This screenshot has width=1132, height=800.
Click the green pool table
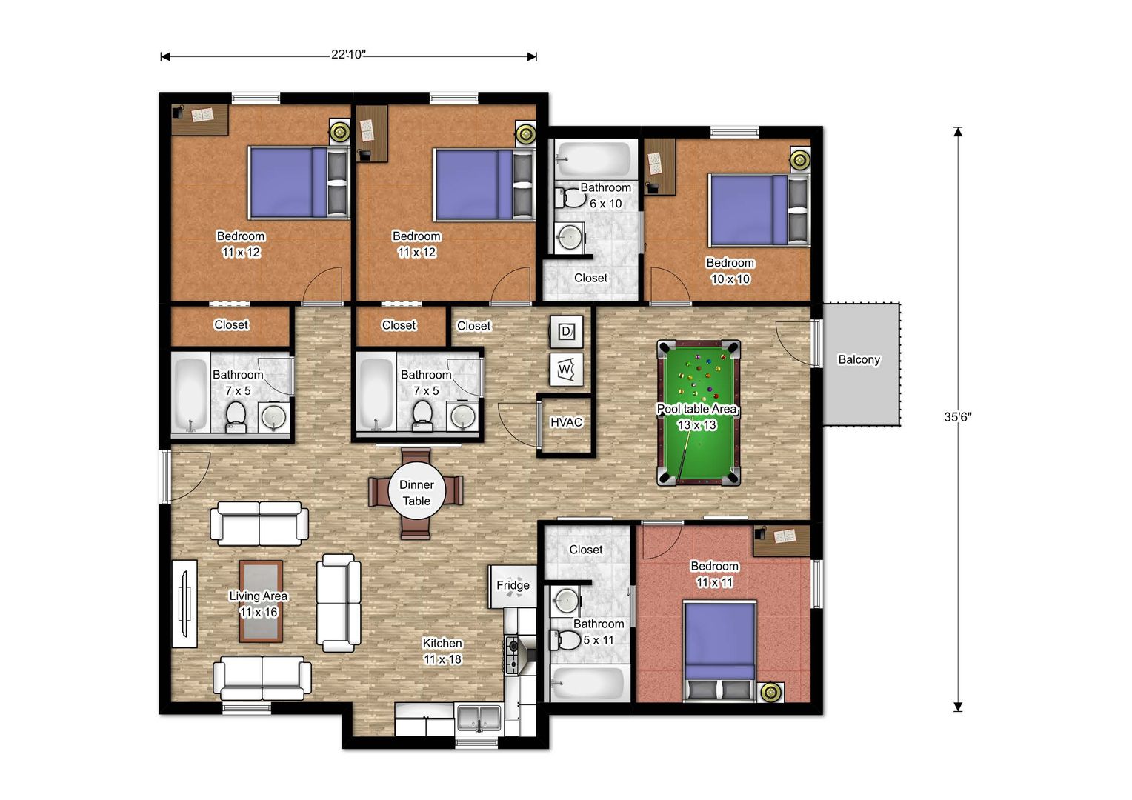[699, 413]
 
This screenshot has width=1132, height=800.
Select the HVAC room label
[566, 422]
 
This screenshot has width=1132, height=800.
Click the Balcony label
[859, 359]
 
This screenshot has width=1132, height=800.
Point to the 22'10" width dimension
[348, 55]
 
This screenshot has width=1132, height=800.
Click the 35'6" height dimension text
[958, 417]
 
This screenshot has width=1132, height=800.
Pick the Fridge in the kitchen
[513, 586]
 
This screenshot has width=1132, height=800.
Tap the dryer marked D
[566, 332]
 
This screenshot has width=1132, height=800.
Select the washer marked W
[566, 369]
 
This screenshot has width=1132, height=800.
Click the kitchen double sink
[479, 718]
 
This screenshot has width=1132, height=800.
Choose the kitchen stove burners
[513, 655]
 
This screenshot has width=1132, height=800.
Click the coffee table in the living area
[260, 601]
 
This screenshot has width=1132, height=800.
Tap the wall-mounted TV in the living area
[184, 604]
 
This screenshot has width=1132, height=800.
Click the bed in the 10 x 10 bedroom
[758, 210]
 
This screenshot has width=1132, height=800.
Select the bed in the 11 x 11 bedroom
[719, 651]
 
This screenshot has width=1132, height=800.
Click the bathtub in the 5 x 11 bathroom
[587, 683]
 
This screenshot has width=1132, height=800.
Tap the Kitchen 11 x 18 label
[442, 651]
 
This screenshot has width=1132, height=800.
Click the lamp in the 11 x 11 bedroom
[770, 692]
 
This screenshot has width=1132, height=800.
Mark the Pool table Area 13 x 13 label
[697, 417]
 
